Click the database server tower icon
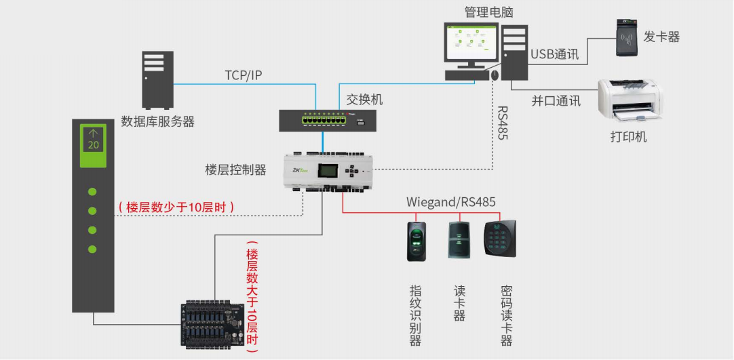pos(157,80)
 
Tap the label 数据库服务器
pos(157,122)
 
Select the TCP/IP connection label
pos(244,75)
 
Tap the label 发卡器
pos(661,37)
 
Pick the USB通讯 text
pos(554,54)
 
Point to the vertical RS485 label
pos(503,122)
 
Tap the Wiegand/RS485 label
pos(450,202)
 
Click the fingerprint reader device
pos(416,241)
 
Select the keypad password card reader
pos(499,238)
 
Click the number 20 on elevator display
pos(94,145)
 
